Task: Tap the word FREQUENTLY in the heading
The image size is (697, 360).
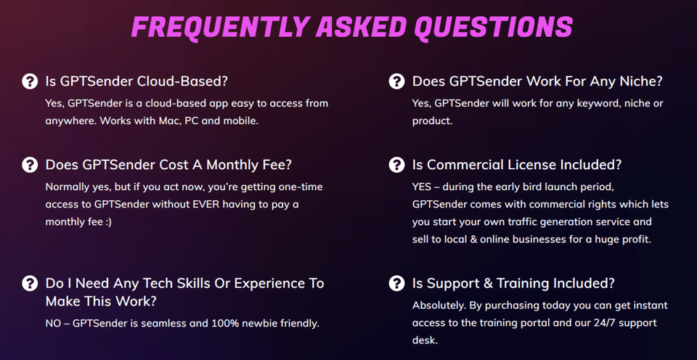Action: (x=219, y=27)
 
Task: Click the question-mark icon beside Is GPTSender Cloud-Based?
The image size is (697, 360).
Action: (x=30, y=81)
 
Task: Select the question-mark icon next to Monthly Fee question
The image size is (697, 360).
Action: (x=30, y=165)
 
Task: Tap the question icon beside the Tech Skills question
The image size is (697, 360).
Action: (x=30, y=283)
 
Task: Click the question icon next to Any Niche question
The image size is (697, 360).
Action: (x=396, y=81)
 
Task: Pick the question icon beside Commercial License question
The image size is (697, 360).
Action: (x=396, y=165)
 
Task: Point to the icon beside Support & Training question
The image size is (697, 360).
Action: (x=396, y=283)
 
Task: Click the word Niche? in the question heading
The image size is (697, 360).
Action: (x=637, y=82)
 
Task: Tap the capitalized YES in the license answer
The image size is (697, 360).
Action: (x=421, y=187)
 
